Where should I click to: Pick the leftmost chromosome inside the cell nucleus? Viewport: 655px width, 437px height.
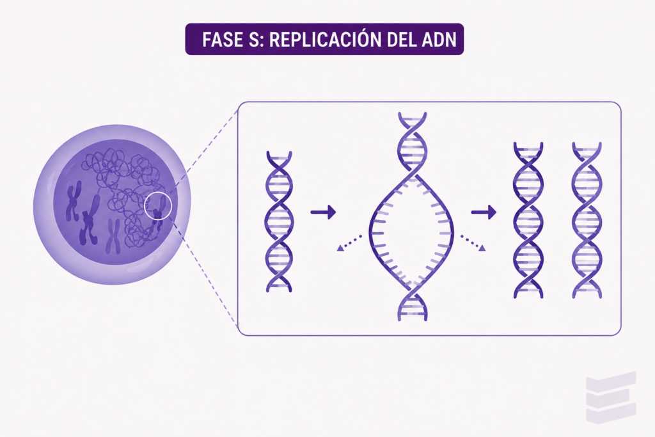pyautogui.click(x=73, y=200)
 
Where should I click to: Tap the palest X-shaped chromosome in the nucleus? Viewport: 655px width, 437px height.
pyautogui.click(x=113, y=237)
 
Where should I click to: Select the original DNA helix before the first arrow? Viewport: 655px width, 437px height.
pyautogui.click(x=279, y=221)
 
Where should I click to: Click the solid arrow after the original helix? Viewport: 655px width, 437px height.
pyautogui.click(x=323, y=212)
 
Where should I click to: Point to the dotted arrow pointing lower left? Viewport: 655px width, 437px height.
pyautogui.click(x=349, y=242)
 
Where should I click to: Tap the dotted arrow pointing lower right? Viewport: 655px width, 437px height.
pyautogui.click(x=473, y=242)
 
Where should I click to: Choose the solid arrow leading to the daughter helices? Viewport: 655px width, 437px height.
pyautogui.click(x=484, y=212)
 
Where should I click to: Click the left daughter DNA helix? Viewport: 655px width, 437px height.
pyautogui.click(x=528, y=220)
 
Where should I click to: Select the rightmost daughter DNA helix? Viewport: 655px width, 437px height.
pyautogui.click(x=587, y=220)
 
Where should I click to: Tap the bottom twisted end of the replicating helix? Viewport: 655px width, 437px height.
pyautogui.click(x=413, y=301)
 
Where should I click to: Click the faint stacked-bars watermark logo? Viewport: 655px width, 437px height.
pyautogui.click(x=611, y=397)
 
